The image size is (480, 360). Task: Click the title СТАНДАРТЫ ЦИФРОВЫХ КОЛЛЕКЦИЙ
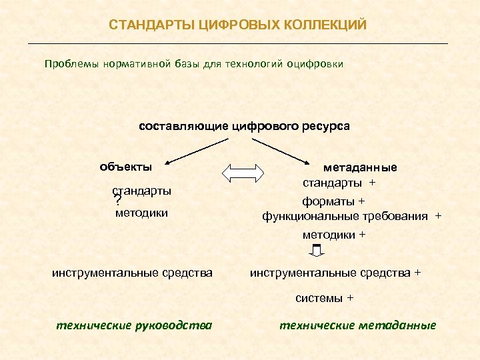click(x=238, y=25)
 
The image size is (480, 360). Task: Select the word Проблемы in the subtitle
click(x=71, y=64)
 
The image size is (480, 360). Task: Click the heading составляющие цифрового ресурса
click(x=244, y=125)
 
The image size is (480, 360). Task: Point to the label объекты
click(x=125, y=166)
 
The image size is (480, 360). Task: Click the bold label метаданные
click(x=360, y=167)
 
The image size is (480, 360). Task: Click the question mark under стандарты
click(x=117, y=201)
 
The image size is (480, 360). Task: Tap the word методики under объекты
click(x=141, y=213)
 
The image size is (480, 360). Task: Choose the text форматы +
click(x=334, y=201)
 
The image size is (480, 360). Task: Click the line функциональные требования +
click(x=351, y=217)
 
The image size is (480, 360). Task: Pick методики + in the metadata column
click(x=334, y=235)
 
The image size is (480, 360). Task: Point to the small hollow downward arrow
click(x=317, y=251)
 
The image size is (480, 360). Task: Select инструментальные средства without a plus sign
click(x=133, y=272)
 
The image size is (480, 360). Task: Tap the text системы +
click(x=325, y=298)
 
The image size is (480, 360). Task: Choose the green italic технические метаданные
click(x=357, y=325)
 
